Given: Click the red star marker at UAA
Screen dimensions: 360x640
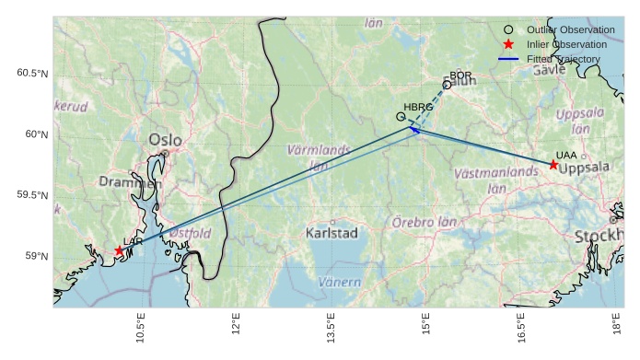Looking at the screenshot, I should (553, 164).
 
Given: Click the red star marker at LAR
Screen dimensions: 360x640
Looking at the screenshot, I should (119, 250).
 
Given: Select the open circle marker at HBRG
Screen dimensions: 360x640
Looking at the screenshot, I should (401, 117).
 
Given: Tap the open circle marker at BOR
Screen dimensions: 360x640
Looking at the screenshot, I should (447, 85).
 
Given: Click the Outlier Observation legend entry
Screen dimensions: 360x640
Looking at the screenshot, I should (563, 30).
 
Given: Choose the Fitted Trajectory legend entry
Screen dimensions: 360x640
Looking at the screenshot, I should (563, 59).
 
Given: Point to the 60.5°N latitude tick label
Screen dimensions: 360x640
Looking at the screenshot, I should (33, 74).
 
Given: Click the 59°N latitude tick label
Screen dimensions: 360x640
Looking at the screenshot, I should (37, 256).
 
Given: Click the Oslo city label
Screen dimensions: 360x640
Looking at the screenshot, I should (165, 140).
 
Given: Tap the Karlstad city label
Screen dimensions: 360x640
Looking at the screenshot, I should (332, 233).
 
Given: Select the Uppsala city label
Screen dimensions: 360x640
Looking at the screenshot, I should (584, 168).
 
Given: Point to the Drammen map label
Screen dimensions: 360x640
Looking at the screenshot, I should (130, 182).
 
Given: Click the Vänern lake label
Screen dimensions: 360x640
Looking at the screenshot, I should (341, 282).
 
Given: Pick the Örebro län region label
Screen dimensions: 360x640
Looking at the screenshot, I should (425, 222).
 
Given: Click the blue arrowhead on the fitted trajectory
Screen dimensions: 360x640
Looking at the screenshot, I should (413, 130).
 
